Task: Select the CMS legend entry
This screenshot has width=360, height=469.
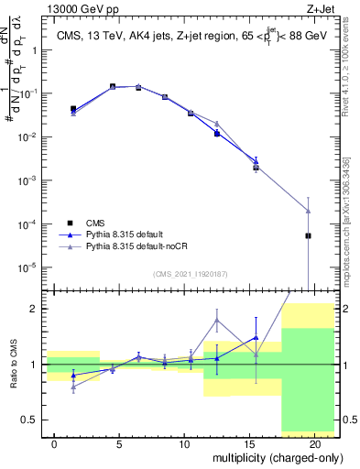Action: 95,223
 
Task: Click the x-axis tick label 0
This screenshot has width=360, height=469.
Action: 55,444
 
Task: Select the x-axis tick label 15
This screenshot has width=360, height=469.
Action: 250,444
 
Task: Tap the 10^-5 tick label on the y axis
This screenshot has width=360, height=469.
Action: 29,267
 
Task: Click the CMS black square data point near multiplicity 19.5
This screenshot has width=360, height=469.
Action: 308,235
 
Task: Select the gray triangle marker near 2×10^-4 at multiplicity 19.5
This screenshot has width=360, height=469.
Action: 308,211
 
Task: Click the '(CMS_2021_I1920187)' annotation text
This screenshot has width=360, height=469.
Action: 190,274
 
